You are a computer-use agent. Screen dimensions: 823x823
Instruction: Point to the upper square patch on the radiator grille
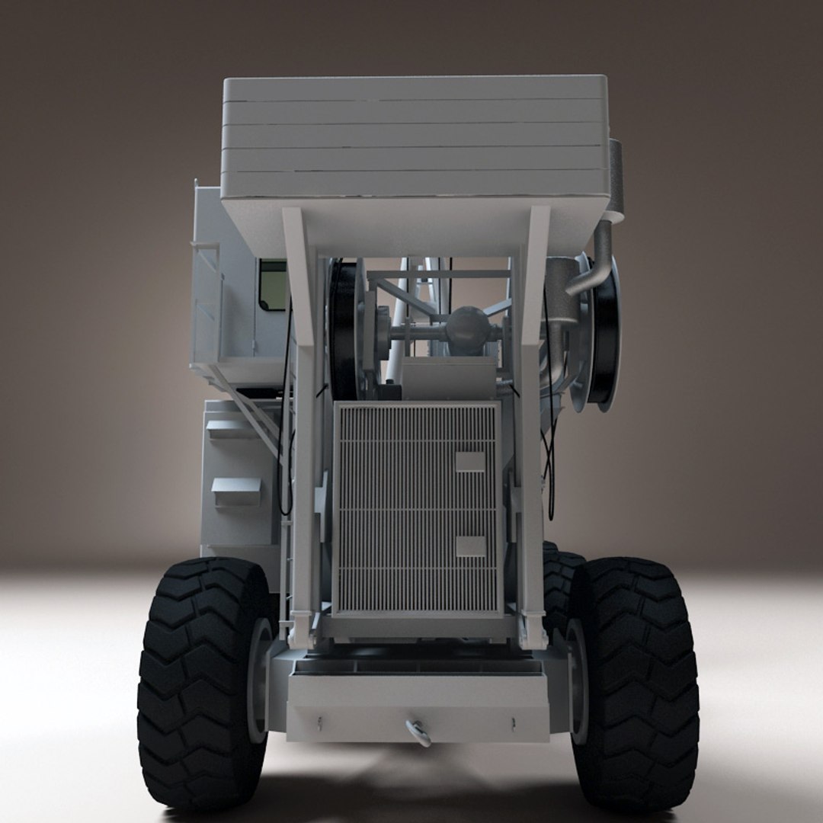tap(469, 461)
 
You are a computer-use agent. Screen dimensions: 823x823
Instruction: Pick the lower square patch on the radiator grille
tap(469, 546)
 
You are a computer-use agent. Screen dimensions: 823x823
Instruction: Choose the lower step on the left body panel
tap(235, 492)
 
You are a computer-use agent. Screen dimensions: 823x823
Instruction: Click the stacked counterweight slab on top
tap(415, 137)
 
